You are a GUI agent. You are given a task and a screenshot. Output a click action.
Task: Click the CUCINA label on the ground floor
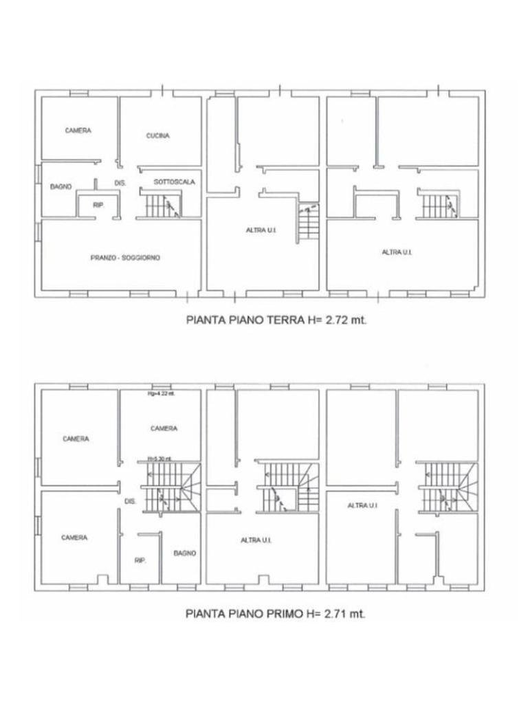(x=157, y=135)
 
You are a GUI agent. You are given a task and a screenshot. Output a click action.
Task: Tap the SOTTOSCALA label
(x=175, y=182)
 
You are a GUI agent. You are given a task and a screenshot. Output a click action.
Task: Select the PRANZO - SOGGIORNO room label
(x=125, y=258)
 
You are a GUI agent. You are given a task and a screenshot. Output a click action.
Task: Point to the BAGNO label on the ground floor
(x=61, y=186)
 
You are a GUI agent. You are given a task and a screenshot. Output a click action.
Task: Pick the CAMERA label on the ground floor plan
(x=78, y=131)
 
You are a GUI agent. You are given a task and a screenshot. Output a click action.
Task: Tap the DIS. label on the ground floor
(x=120, y=183)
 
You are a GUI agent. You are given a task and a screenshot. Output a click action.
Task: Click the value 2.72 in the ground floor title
(x=334, y=319)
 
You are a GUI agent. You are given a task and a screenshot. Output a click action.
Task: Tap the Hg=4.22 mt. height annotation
(x=162, y=394)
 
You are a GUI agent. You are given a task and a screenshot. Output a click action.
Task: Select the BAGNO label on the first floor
(x=184, y=553)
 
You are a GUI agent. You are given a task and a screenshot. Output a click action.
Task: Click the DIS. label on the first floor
(x=130, y=501)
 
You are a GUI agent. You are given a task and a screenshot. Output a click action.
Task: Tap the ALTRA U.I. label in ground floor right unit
(x=397, y=252)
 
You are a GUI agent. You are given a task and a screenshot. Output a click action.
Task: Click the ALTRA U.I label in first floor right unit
(x=362, y=505)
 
